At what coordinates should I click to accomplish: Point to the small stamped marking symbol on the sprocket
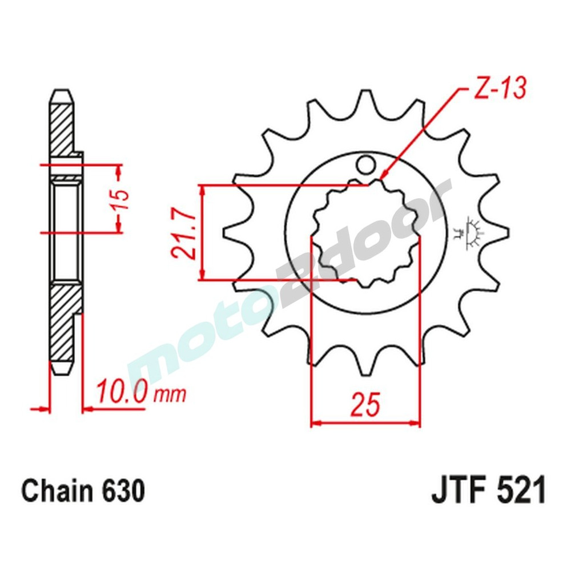coord(472,232)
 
